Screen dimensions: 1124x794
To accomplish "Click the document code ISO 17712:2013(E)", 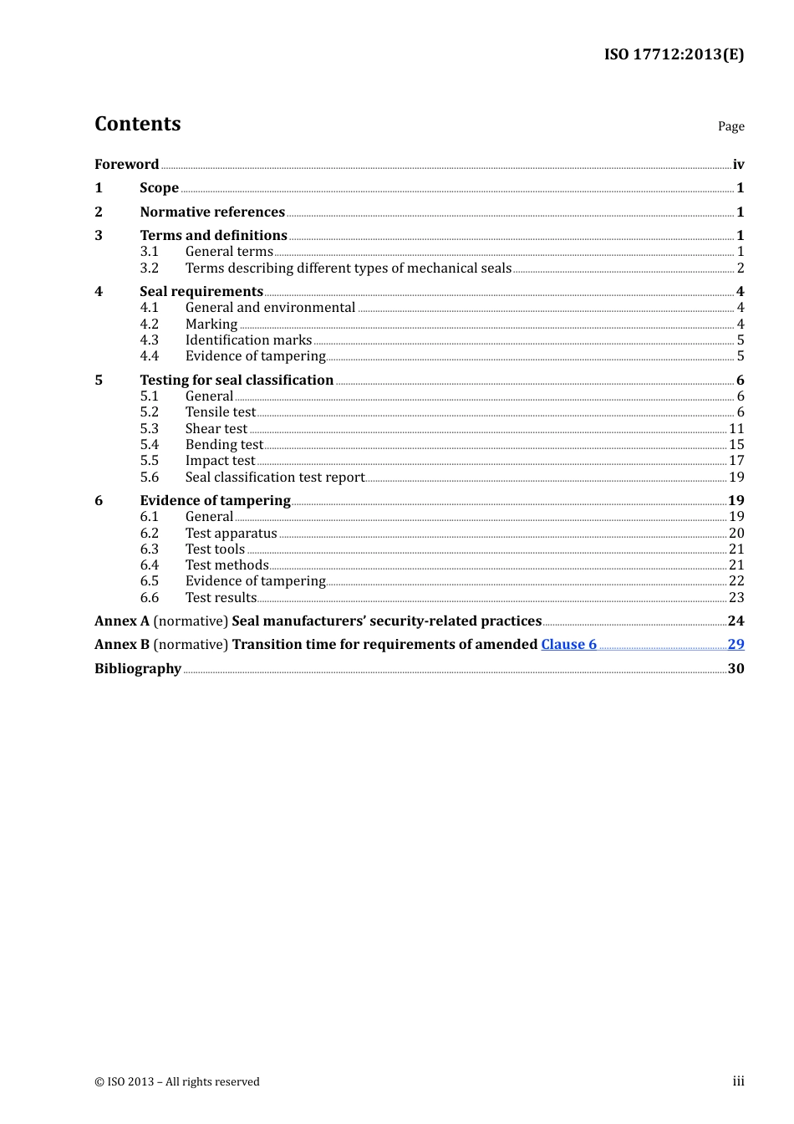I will tap(674, 54).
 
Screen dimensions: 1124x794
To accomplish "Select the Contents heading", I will tap(138, 124).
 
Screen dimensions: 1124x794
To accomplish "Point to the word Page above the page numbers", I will tap(730, 126).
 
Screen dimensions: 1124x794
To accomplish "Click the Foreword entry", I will tap(126, 165).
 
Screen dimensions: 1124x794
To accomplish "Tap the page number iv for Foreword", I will tap(738, 165).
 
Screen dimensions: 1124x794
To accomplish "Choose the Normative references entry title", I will tap(212, 212).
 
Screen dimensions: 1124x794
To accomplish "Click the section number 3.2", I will tap(149, 268).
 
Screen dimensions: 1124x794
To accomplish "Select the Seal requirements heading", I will tap(201, 292).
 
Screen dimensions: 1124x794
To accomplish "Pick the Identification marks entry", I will tap(248, 340).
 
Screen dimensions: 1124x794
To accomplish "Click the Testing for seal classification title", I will tap(237, 381).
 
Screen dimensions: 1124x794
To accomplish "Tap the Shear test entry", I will tap(216, 429).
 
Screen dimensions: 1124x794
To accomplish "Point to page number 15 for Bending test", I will tap(735, 445).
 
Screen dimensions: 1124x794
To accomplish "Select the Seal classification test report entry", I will tap(275, 478).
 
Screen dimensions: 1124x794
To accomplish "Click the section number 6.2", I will tap(149, 534).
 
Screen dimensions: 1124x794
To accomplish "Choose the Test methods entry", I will tap(226, 565).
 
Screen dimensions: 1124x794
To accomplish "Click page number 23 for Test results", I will tap(735, 598).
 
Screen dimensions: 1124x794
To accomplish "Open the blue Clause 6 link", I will tap(568, 645).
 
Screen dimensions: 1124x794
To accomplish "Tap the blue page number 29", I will tap(735, 645).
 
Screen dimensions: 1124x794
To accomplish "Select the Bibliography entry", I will tap(138, 669).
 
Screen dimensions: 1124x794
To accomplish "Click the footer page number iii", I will tap(738, 1081).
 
